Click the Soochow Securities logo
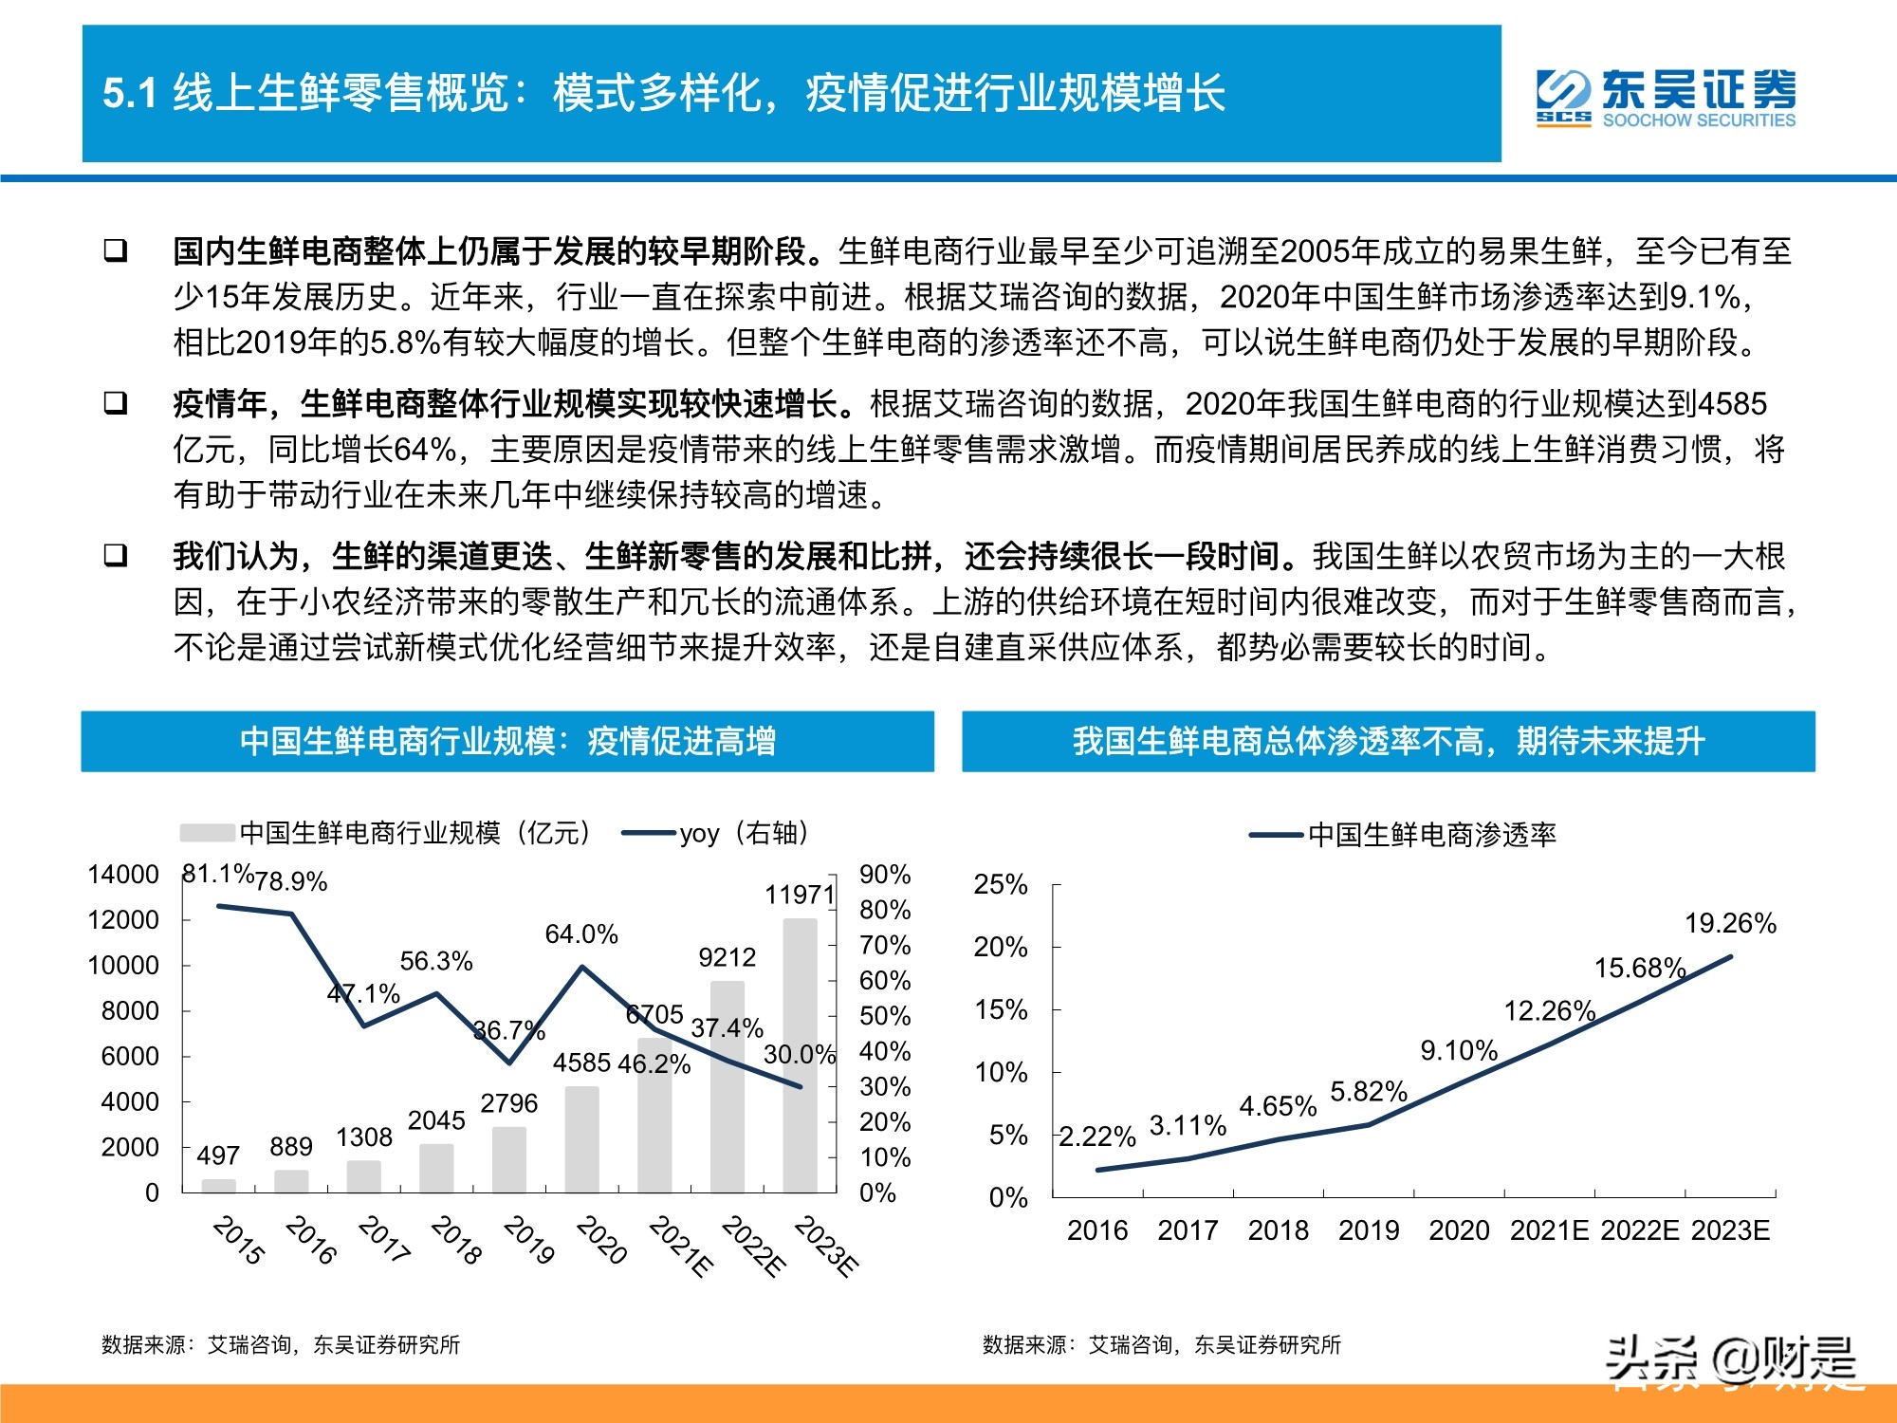point(1666,98)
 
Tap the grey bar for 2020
point(581,1138)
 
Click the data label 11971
point(799,895)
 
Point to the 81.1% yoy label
point(217,874)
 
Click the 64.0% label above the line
point(580,934)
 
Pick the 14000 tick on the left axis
point(123,875)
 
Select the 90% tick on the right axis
point(884,875)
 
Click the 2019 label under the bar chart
point(528,1240)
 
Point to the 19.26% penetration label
point(1729,923)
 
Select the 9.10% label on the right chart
point(1458,1050)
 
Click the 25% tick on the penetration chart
point(1001,884)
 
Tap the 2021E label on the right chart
point(1548,1230)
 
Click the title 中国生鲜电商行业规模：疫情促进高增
point(507,741)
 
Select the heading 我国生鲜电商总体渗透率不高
point(1388,741)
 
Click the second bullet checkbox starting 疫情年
point(116,403)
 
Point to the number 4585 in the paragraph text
point(1732,404)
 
